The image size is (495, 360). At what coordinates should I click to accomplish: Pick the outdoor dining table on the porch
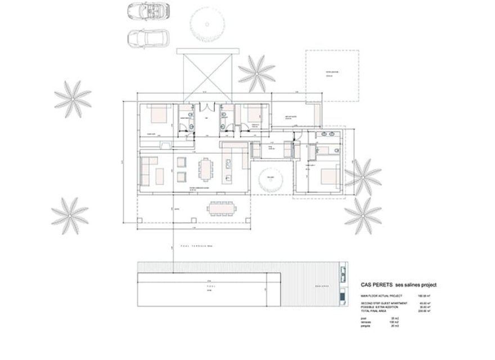(x=222, y=208)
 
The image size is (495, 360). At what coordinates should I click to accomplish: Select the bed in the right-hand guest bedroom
(x=328, y=178)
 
